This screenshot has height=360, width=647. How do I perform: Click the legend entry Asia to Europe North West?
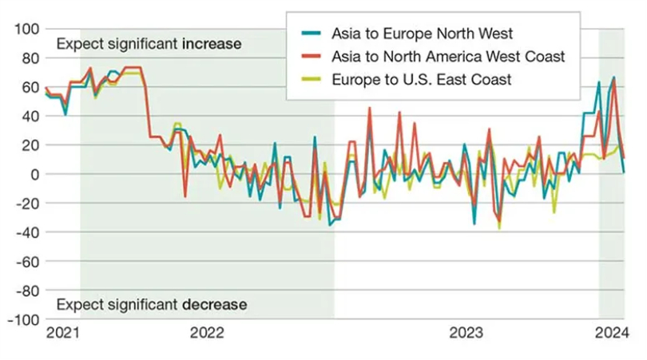[422, 34]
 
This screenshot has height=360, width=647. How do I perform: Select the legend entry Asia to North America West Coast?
[448, 56]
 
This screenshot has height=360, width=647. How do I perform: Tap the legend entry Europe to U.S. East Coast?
[421, 78]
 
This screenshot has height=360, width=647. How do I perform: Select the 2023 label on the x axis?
[466, 334]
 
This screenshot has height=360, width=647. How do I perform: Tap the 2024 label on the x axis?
[610, 334]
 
